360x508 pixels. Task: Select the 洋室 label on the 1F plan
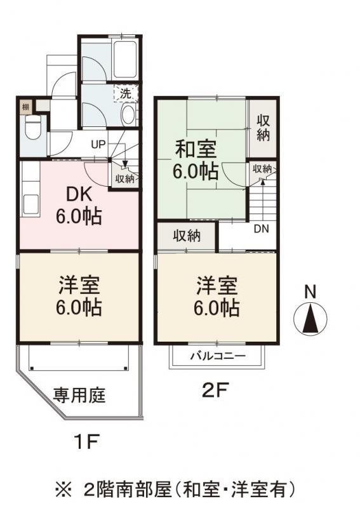pyautogui.click(x=79, y=284)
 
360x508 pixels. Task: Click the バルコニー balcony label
pyautogui.click(x=217, y=356)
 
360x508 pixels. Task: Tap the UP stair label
pyautogui.click(x=98, y=143)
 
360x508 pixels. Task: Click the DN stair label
pyautogui.click(x=260, y=229)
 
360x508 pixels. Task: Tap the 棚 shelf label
pyautogui.click(x=25, y=107)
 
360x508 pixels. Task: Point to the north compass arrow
pyautogui.click(x=310, y=318)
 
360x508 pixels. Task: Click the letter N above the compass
pyautogui.click(x=310, y=292)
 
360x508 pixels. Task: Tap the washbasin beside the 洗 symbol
pyautogui.click(x=128, y=115)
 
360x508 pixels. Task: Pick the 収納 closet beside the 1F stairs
pyautogui.click(x=125, y=178)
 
